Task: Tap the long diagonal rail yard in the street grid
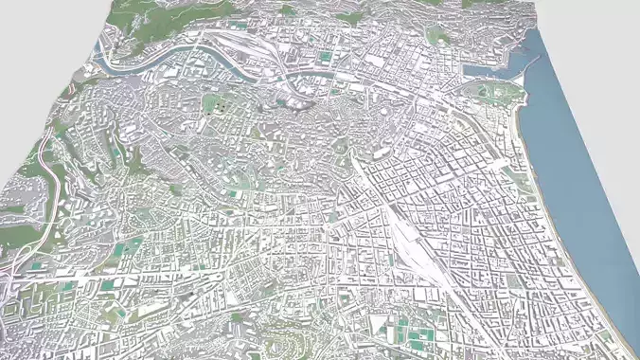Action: point(417,237)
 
